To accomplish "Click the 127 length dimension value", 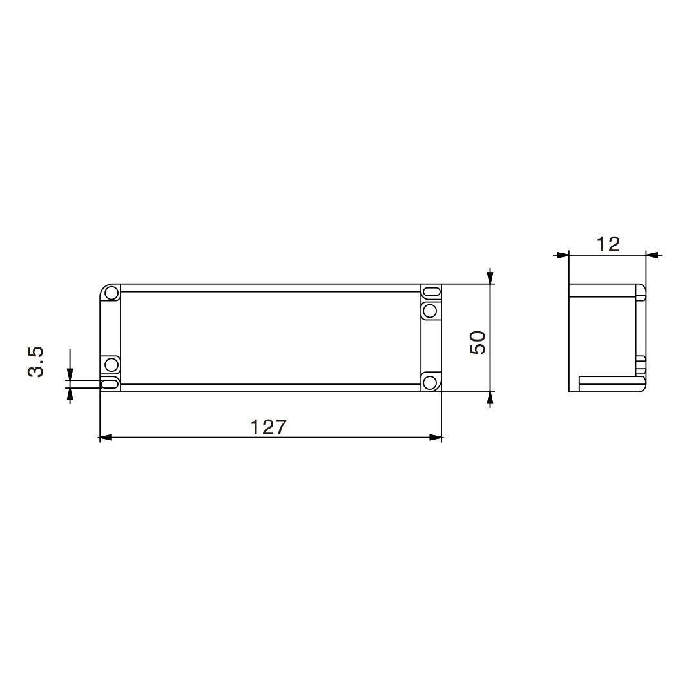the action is click(268, 427).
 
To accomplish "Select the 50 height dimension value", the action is click(478, 343).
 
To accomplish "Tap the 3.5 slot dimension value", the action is click(35, 362).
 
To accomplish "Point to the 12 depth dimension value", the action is click(608, 244).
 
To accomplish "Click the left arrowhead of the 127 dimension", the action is click(106, 437).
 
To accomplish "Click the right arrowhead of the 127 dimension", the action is click(436, 437).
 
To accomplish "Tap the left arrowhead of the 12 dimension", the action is click(563, 255).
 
